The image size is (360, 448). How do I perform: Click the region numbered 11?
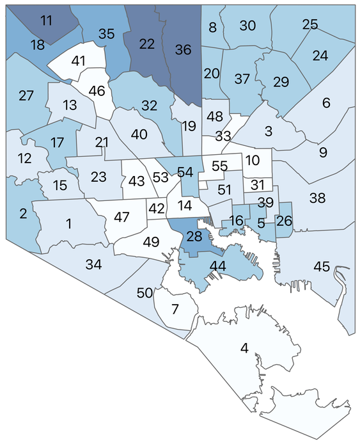pos(46,20)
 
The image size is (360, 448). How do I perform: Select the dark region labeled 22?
pos(147,44)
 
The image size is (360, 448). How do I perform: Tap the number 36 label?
pos(183,49)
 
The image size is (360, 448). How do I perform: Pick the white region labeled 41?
pos(78,62)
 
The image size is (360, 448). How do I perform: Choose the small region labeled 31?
pos(258,184)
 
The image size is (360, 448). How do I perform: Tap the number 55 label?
pos(219,166)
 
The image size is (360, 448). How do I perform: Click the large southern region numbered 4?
pos(244,349)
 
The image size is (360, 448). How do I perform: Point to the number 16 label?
pos(236,221)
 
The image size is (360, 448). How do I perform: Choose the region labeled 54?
pos(185,172)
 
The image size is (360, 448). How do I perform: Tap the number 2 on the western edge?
pos(23,214)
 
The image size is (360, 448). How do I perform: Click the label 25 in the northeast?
pos(309,24)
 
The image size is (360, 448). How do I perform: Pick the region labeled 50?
pos(145,292)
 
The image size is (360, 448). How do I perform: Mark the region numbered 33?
pos(223,136)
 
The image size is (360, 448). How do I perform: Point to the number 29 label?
pos(281,82)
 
